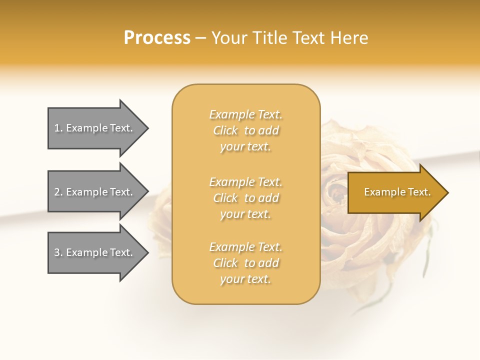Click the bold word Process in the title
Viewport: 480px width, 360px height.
pyautogui.click(x=157, y=38)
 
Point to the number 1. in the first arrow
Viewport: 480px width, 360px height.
pyautogui.click(x=58, y=128)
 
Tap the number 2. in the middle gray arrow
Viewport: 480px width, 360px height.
pyautogui.click(x=58, y=192)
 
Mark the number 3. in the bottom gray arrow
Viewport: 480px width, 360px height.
pyautogui.click(x=58, y=252)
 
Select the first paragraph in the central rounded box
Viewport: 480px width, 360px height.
pyautogui.click(x=246, y=130)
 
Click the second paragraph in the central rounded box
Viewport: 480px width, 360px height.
pyautogui.click(x=246, y=198)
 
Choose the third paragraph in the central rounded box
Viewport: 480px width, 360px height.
pyautogui.click(x=246, y=263)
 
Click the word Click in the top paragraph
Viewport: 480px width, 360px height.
pyautogui.click(x=225, y=130)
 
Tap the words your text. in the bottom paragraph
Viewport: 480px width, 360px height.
pyautogui.click(x=245, y=279)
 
